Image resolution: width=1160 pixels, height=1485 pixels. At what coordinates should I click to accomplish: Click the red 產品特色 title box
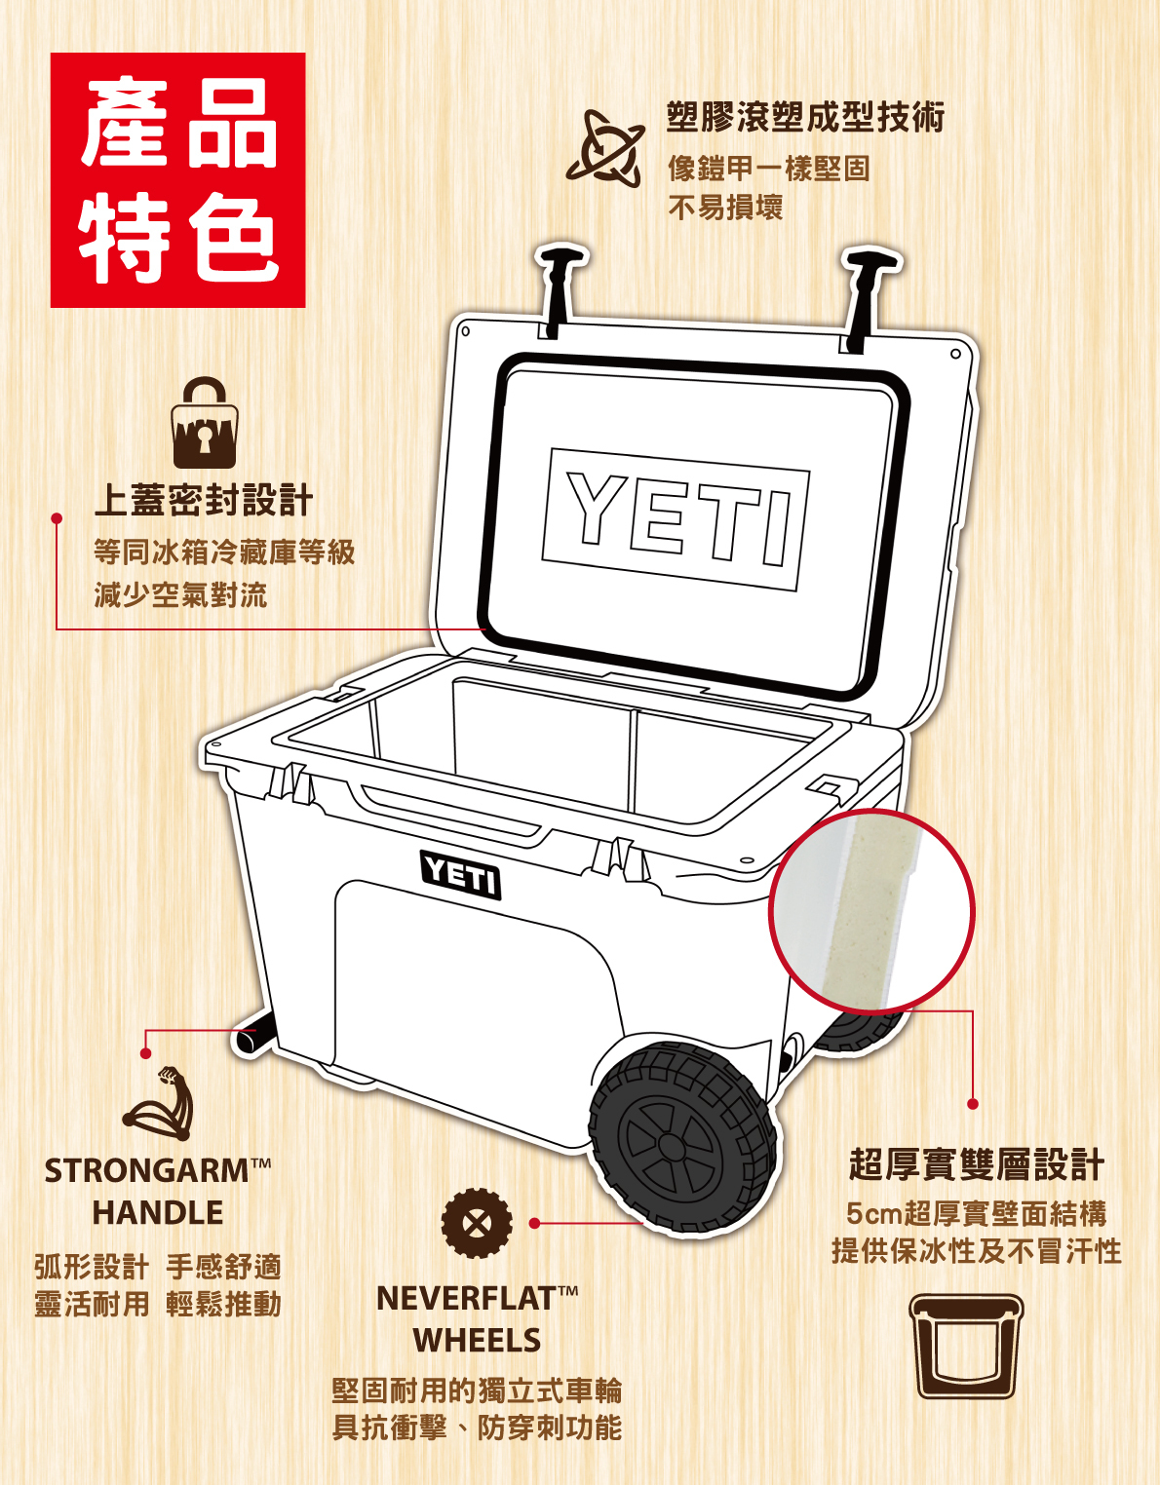[177, 180]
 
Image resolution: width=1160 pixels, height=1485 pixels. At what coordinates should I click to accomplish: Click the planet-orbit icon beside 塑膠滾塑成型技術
[605, 148]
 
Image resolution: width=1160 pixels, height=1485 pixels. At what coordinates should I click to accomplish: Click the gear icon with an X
[476, 1222]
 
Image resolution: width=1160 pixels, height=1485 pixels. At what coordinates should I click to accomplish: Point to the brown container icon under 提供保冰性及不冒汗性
[966, 1346]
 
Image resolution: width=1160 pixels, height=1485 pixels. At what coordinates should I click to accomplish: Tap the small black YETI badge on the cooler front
[460, 874]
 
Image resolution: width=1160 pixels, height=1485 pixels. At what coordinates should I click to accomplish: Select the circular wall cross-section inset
[871, 912]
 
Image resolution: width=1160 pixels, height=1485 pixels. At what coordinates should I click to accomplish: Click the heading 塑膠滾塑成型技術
[805, 117]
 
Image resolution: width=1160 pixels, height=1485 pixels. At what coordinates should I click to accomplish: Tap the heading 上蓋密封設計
[204, 500]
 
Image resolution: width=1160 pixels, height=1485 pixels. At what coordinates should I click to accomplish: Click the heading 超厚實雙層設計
[976, 1163]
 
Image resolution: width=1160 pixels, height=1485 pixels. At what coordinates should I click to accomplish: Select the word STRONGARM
[146, 1170]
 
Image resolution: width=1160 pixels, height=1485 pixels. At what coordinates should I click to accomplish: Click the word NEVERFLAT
[466, 1298]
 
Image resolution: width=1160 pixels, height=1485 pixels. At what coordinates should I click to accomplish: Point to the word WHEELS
[477, 1341]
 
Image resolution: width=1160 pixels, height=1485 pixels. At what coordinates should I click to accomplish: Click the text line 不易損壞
[725, 208]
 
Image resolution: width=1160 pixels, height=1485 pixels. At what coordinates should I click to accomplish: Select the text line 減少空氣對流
[180, 594]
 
